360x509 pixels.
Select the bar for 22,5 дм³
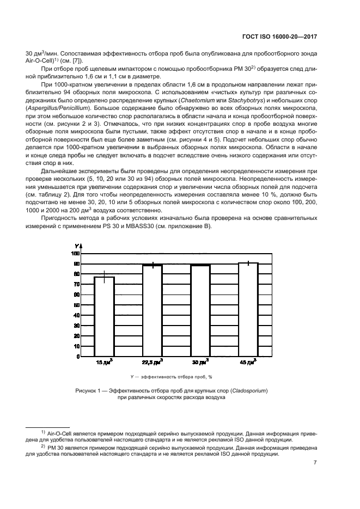(152, 310)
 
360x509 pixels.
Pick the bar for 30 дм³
(200, 310)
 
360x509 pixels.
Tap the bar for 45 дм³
(248, 309)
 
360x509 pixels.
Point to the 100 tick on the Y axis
(76, 254)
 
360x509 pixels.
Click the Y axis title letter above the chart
(77, 247)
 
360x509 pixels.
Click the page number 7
(315, 463)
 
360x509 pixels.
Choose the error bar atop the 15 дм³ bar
(104, 277)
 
